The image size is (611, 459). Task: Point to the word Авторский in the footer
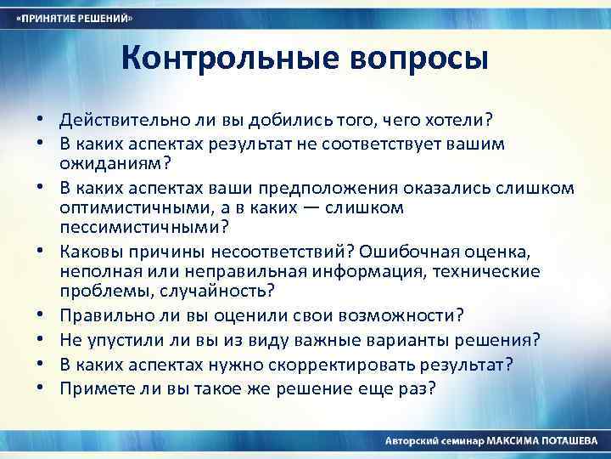pyautogui.click(x=412, y=442)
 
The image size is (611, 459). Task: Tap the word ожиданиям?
pyautogui.click(x=107, y=163)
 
